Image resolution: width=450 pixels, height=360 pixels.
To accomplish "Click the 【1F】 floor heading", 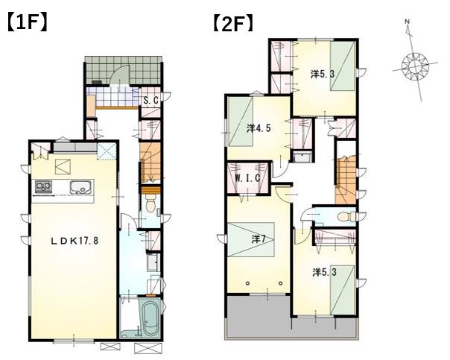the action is pyautogui.click(x=27, y=23).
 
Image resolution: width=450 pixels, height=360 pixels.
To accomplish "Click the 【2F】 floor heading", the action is pyautogui.click(x=233, y=23).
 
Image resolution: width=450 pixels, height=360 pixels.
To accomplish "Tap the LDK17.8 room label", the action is pyautogui.click(x=75, y=241).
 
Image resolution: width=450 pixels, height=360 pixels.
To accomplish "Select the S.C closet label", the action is pyautogui.click(x=151, y=101).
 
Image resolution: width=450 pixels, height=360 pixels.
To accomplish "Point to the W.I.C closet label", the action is pyautogui.click(x=247, y=178).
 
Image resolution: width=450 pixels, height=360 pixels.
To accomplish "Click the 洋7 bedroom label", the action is pyautogui.click(x=258, y=239).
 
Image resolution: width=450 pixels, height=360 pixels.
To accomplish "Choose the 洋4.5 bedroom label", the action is pyautogui.click(x=259, y=128).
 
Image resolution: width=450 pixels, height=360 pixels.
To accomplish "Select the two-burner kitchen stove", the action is pyautogui.click(x=44, y=186).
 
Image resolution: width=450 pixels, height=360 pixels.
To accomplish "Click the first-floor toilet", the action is pyautogui.click(x=150, y=204).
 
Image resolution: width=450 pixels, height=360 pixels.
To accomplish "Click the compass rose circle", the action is pyautogui.click(x=415, y=67).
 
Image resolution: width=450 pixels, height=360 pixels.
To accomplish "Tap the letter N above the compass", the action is pyautogui.click(x=407, y=22).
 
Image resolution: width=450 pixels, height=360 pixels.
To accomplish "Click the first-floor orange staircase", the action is pyautogui.click(x=150, y=162).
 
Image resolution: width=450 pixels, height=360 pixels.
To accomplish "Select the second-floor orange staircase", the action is pyautogui.click(x=346, y=181).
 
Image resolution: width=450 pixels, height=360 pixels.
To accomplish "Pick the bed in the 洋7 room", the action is pyautogui.click(x=251, y=239).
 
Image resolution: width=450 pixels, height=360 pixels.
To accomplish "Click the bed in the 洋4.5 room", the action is pyautogui.click(x=241, y=121).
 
